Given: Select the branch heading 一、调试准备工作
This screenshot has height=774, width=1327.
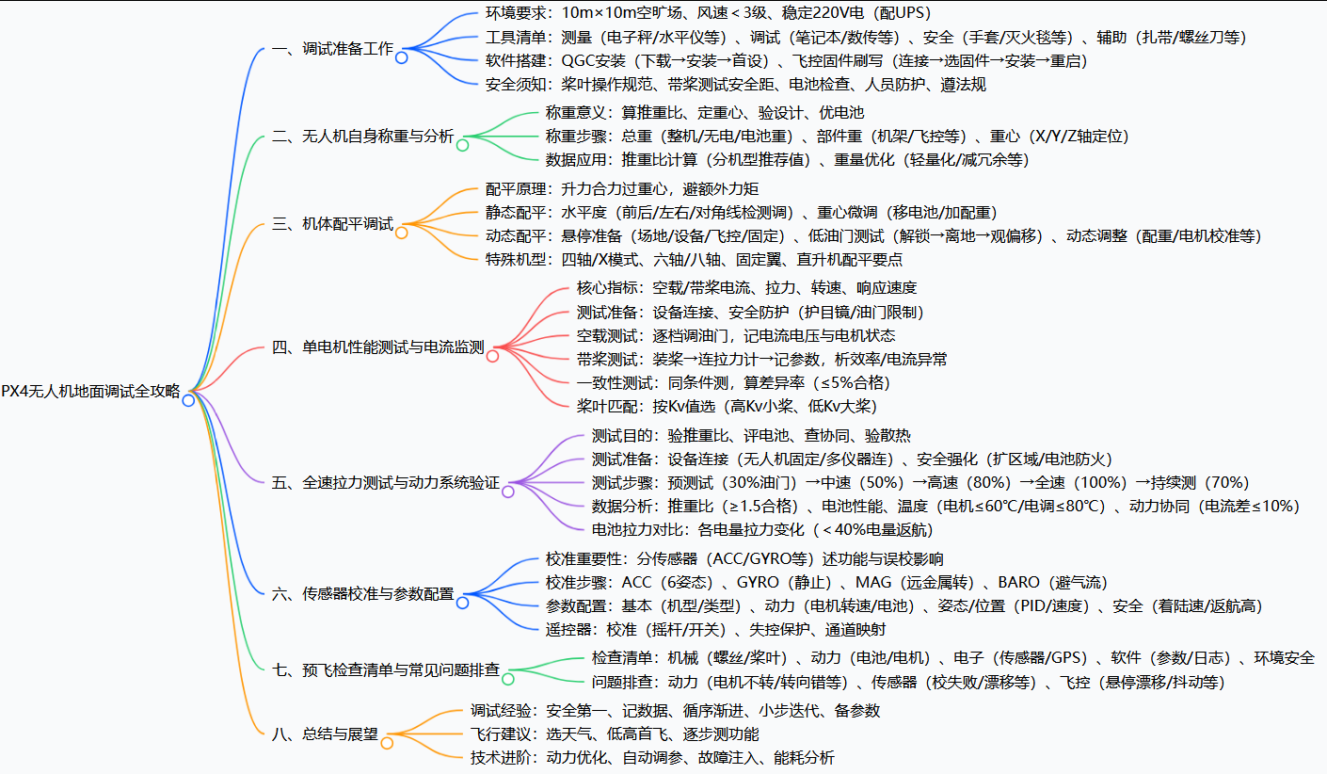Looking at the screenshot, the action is click(332, 49).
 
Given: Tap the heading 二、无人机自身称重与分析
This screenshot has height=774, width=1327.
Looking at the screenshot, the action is click(362, 136).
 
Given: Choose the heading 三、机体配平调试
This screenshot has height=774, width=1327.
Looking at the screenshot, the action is click(332, 224).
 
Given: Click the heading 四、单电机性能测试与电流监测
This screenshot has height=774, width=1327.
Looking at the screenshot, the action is click(377, 347).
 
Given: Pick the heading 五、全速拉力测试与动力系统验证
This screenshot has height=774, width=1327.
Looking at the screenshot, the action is click(385, 483).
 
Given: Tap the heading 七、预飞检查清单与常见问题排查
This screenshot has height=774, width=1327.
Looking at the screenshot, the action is click(385, 669).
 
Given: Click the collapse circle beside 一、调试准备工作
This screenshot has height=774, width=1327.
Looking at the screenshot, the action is click(402, 58).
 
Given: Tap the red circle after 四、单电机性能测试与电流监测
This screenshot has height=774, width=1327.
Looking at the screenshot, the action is click(492, 357).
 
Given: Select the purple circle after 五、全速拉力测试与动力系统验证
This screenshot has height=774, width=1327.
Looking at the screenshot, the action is click(508, 492).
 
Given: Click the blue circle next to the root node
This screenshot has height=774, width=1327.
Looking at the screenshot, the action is click(188, 400).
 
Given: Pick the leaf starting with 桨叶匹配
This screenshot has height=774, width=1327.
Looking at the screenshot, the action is click(727, 406).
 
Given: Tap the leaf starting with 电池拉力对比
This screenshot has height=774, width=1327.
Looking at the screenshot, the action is click(762, 529).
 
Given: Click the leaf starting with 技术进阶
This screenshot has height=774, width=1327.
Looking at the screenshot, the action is click(651, 757).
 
